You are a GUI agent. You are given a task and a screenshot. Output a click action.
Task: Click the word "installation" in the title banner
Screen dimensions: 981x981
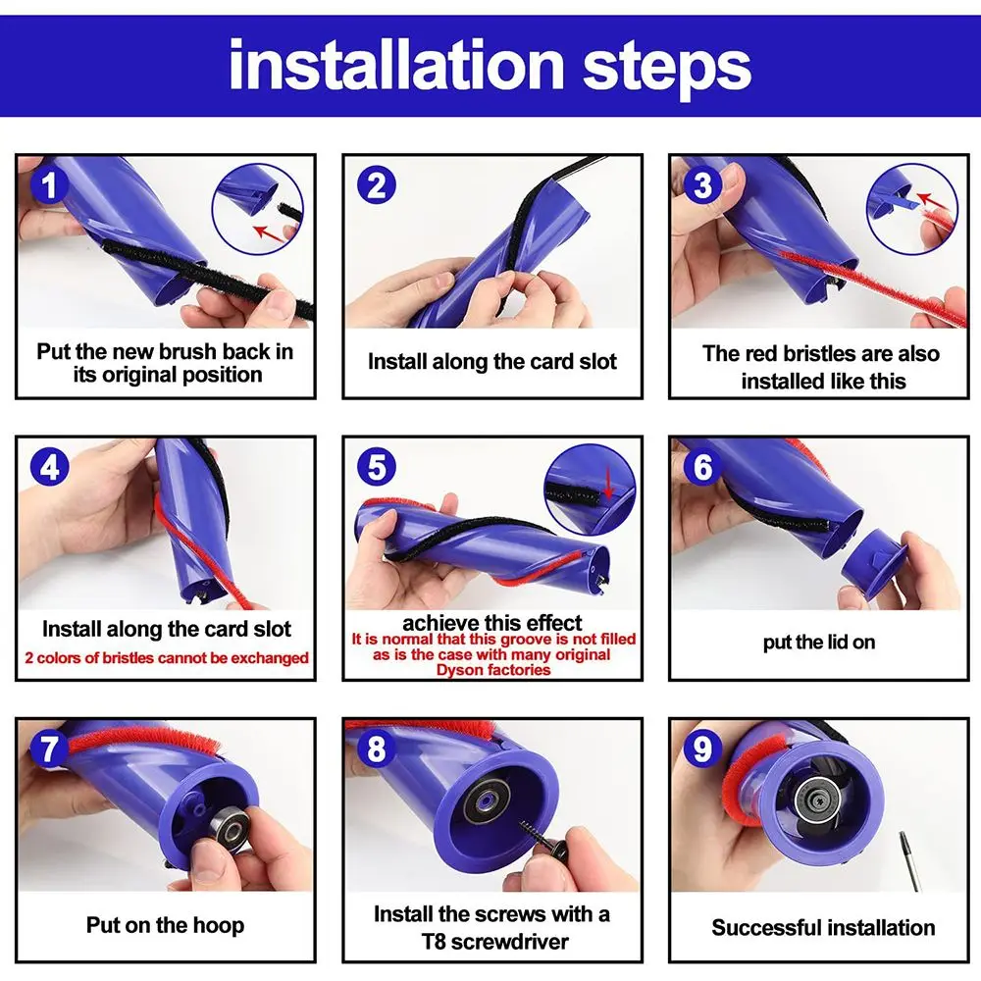pos(396,65)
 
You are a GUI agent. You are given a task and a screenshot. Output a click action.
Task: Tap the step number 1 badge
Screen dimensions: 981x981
pos(49,185)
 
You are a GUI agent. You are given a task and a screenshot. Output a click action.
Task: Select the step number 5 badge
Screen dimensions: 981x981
pos(376,467)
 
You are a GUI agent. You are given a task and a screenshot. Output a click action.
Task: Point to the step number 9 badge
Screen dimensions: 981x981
pos(702,749)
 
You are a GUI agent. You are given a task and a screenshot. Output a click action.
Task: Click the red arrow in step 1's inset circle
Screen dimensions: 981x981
pos(269,233)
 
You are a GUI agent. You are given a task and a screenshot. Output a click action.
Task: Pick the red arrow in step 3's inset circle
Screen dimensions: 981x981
pos(933,201)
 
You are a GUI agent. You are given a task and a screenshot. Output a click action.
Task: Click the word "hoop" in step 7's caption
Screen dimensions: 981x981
pos(219,925)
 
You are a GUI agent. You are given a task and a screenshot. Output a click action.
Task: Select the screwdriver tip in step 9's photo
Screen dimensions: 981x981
pos(904,840)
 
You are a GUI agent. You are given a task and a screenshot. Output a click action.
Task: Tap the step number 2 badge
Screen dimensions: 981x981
pos(376,185)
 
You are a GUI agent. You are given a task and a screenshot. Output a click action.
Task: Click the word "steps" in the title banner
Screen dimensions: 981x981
pos(667,68)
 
